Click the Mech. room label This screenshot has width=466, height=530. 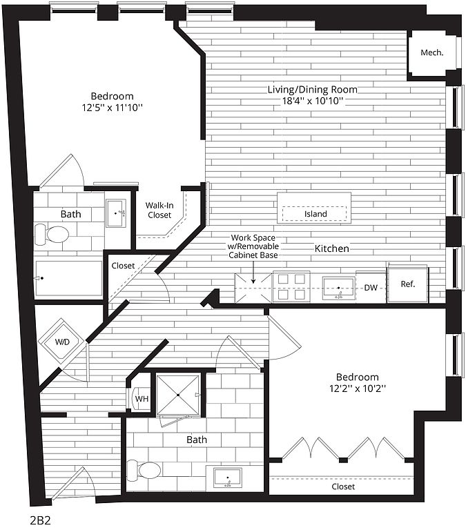click(x=431, y=52)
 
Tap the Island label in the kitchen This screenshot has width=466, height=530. click(x=315, y=214)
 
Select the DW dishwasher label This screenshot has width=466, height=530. click(x=371, y=288)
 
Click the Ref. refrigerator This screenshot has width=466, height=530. click(x=408, y=283)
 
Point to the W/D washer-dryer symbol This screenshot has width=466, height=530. click(x=62, y=341)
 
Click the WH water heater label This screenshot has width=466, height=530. click(x=142, y=399)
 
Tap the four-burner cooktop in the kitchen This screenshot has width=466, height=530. click(x=291, y=286)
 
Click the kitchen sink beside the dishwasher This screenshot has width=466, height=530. click(x=338, y=288)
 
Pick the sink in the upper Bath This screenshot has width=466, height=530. click(x=116, y=213)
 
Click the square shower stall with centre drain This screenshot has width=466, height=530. click(x=178, y=395)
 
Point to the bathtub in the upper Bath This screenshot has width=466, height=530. click(x=68, y=278)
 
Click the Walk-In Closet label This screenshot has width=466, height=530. click(x=159, y=210)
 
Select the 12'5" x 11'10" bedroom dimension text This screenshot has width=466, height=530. click(x=113, y=108)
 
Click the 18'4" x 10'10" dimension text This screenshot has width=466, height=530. click(x=313, y=101)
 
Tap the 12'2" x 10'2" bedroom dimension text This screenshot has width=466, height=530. click(x=358, y=389)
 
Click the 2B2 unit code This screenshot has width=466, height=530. click(x=41, y=520)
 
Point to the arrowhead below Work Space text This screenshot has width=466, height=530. click(x=253, y=281)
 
